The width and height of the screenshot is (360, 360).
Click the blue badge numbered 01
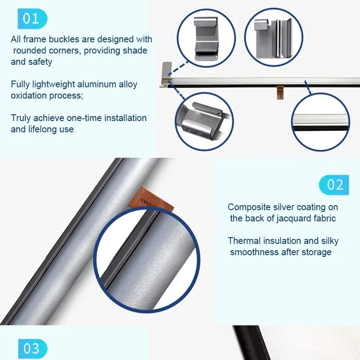32,18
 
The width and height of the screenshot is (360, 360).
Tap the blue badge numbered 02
334,185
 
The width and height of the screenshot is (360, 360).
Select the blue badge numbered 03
32,348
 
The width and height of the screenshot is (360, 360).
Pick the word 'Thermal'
244,241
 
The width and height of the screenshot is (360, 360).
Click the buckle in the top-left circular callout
206,38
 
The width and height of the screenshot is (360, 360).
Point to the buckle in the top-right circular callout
273,38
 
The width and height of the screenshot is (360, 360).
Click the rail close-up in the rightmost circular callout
320,122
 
